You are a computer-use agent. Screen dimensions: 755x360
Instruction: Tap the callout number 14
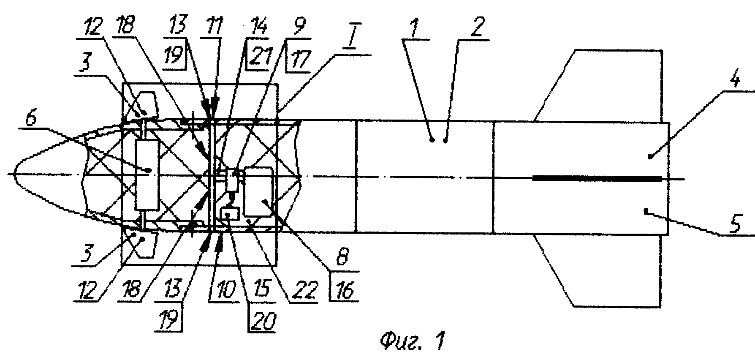[259, 27]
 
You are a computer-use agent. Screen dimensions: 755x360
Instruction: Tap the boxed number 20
[262, 322]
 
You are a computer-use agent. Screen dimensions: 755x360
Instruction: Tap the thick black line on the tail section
[597, 178]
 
